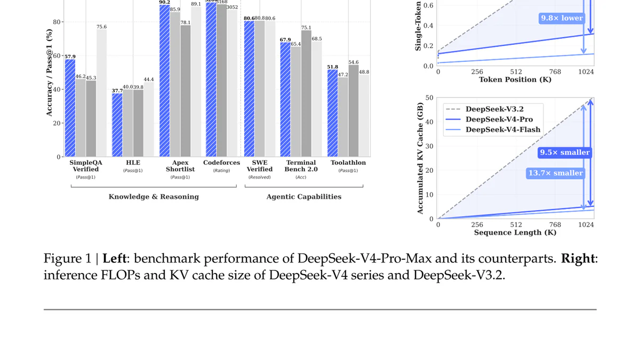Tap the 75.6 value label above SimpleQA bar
101,27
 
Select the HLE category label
133,162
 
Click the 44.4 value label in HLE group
149,79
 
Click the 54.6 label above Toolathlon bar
354,62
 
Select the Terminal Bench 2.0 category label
301,166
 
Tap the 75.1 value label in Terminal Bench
306,27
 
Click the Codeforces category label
221,162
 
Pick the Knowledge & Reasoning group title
154,197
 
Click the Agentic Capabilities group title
304,197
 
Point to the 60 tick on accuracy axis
57,55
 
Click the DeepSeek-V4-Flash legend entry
502,130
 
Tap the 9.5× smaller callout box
564,153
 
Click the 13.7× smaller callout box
555,173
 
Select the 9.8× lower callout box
562,18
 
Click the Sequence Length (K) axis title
515,233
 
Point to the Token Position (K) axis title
515,79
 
